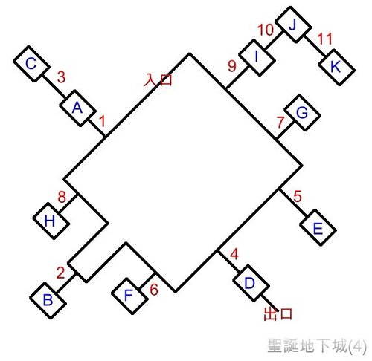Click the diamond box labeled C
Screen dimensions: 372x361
(x=31, y=64)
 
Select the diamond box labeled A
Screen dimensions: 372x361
(x=77, y=108)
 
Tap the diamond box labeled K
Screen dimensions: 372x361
(x=337, y=67)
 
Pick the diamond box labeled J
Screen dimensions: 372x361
(x=294, y=25)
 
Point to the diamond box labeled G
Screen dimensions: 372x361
(x=302, y=113)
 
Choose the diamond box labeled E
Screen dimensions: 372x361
(x=318, y=227)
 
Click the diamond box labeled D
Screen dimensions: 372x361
(x=251, y=283)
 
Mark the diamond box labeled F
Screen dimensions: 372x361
(x=129, y=296)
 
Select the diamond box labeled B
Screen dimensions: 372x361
(x=48, y=300)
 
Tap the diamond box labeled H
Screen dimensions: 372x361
(x=51, y=221)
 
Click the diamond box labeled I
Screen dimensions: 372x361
(x=257, y=57)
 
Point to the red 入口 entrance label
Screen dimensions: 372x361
(x=158, y=79)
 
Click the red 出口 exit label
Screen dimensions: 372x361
(x=278, y=314)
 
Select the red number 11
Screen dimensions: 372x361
(x=324, y=39)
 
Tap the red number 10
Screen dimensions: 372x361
(x=266, y=30)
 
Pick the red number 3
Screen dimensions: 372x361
(x=61, y=77)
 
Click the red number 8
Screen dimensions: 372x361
(x=62, y=197)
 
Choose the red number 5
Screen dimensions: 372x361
(x=298, y=196)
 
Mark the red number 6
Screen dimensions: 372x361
(x=154, y=289)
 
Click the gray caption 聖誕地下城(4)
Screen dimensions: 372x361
(x=317, y=345)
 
